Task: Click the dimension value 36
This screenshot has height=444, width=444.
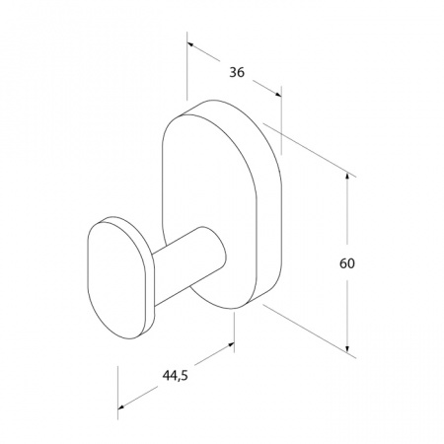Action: [x=237, y=72]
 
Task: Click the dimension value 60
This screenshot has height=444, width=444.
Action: [x=347, y=263]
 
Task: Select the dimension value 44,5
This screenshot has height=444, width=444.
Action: [x=175, y=375]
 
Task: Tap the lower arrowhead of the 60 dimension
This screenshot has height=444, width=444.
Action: [x=347, y=348]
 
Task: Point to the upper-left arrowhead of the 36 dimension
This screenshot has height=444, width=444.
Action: [x=190, y=44]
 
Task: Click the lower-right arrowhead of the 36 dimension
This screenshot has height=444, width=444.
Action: [x=278, y=95]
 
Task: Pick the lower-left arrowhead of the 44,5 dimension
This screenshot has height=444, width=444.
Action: [x=121, y=407]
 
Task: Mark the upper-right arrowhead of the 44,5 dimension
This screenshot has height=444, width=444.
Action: [x=230, y=344]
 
